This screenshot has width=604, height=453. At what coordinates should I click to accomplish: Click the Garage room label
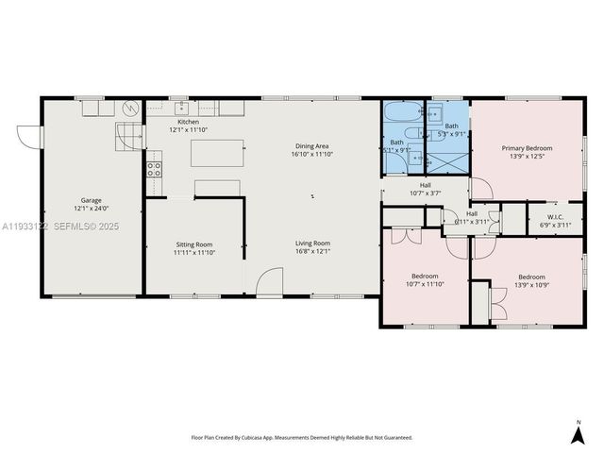point(92,201)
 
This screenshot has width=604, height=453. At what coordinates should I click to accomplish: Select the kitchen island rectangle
point(217,153)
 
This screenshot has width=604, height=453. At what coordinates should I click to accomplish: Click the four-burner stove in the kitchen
point(154,170)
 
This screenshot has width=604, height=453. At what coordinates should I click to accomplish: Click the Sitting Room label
point(194,246)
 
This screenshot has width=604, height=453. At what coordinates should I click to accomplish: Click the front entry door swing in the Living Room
point(270,279)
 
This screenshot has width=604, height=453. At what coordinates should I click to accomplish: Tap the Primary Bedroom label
point(527,149)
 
